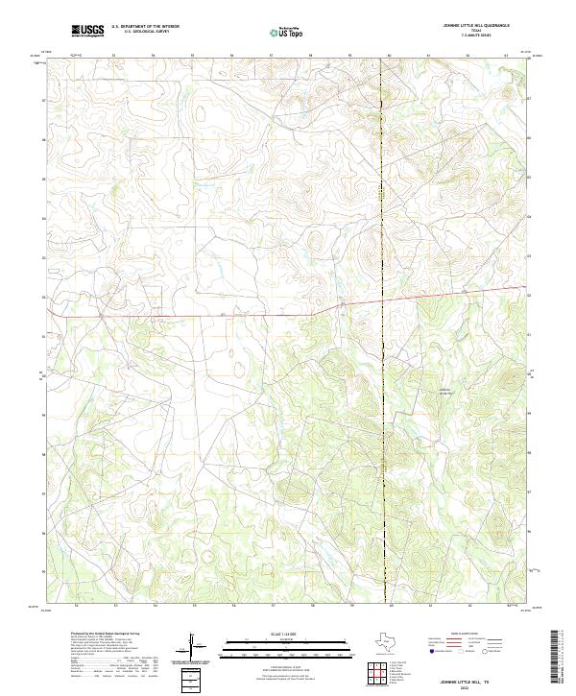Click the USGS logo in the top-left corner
87,31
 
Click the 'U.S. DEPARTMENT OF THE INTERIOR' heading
145,27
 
